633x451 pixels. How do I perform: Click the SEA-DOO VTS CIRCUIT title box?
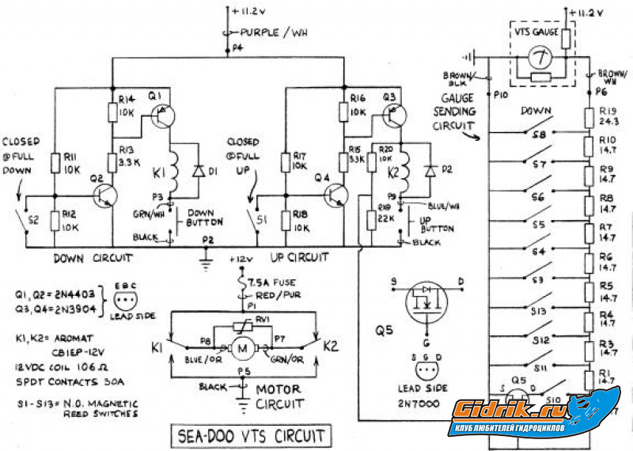[252, 434]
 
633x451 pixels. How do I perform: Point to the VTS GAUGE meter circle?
[539, 58]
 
